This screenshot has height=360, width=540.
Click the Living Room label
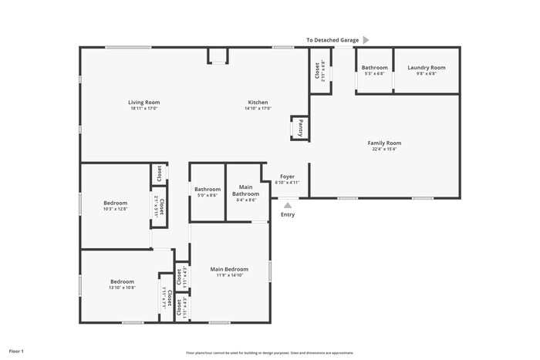tap(143, 103)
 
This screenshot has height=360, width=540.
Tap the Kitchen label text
tap(258, 103)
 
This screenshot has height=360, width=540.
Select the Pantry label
tap(300, 127)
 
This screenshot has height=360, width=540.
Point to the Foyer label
tap(287, 177)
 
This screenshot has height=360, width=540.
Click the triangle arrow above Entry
tap(288, 205)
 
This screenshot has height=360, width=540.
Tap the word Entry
tap(288, 215)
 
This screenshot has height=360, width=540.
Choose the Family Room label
tap(383, 143)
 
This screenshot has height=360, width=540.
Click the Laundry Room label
tap(427, 68)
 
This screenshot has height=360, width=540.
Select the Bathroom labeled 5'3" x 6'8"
tap(374, 68)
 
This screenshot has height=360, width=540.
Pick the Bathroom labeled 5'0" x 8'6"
tap(207, 189)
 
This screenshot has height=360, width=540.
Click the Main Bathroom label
tap(245, 189)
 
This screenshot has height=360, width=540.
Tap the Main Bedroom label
tap(229, 269)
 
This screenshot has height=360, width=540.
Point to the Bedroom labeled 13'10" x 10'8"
tap(122, 281)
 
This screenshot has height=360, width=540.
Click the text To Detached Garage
tap(332, 39)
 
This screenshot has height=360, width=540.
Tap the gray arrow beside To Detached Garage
tap(366, 39)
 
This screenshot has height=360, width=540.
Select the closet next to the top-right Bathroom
tap(320, 70)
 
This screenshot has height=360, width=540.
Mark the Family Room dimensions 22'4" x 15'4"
tap(383, 150)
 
